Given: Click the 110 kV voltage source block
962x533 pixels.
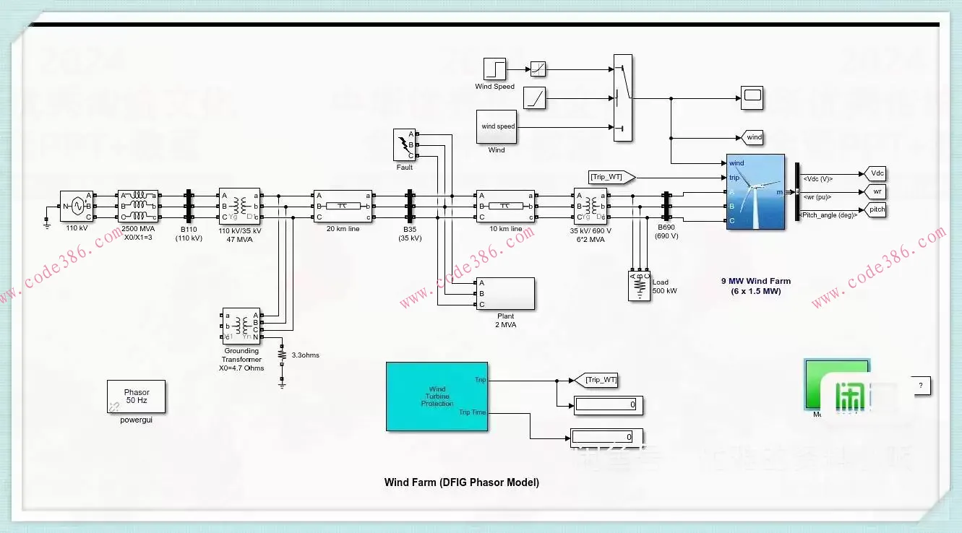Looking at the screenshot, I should tap(76, 206).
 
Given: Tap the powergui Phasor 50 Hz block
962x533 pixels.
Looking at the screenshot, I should tap(136, 396).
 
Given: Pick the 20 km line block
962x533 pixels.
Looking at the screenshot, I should tap(342, 206).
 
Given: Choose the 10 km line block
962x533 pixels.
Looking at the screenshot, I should tap(505, 206).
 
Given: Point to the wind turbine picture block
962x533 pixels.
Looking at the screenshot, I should tap(755, 191).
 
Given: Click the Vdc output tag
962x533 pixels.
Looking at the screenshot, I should tap(877, 173).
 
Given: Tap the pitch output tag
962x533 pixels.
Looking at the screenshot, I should tap(877, 209).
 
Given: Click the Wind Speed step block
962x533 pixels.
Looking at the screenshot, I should tap(494, 69).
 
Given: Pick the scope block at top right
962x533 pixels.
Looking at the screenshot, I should tap(752, 96).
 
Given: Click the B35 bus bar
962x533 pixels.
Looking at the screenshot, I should tap(409, 206).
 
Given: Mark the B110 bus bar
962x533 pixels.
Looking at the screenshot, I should tap(189, 206).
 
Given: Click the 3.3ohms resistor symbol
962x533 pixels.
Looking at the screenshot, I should tap(282, 355).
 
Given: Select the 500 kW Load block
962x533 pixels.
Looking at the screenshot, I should tap(639, 285).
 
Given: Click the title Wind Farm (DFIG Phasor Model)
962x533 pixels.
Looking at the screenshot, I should tap(461, 482).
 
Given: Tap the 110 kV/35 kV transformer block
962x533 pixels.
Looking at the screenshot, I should tap(239, 206).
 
